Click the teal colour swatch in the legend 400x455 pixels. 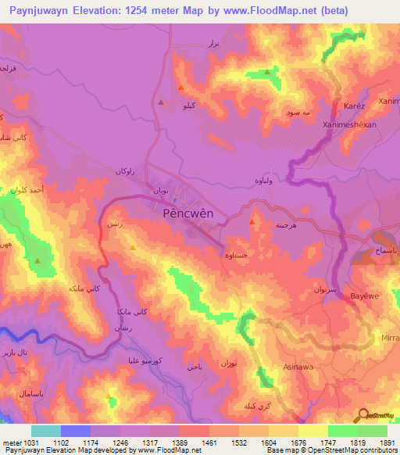tap(46, 431)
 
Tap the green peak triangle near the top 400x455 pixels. tap(268, 72)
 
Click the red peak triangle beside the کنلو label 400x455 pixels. tap(161, 102)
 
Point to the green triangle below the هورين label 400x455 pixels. tap(37, 260)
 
